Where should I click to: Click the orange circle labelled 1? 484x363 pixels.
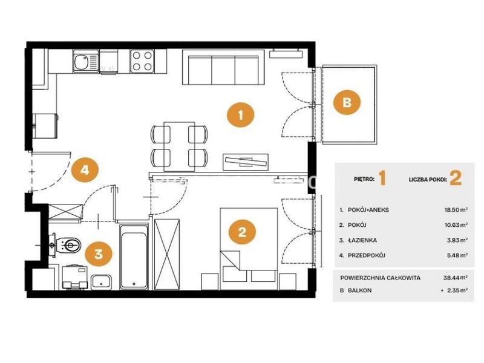pyautogui.click(x=241, y=115)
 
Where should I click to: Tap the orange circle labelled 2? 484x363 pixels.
pyautogui.click(x=242, y=232)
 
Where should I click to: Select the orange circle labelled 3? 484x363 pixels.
pyautogui.click(x=99, y=254)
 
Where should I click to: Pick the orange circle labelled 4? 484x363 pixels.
pyautogui.click(x=85, y=170)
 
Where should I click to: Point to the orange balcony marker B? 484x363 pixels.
pyautogui.click(x=347, y=102)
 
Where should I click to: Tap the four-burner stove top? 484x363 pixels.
pyautogui.click(x=142, y=61)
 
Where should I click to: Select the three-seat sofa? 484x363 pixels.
pyautogui.click(x=223, y=67)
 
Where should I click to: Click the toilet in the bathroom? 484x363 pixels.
pyautogui.click(x=67, y=246)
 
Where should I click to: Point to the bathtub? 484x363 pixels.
pyautogui.click(x=134, y=257)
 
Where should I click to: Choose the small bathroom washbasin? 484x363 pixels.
pyautogui.click(x=102, y=282)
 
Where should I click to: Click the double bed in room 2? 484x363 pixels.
pyautogui.click(x=249, y=245)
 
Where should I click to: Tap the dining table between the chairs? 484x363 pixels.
pyautogui.click(x=179, y=146)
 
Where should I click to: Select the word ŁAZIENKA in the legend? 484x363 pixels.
pyautogui.click(x=362, y=240)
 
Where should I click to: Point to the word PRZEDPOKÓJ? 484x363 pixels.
pyautogui.click(x=367, y=255)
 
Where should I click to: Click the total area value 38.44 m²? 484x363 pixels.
pyautogui.click(x=456, y=278)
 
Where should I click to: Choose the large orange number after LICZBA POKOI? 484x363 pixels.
pyautogui.click(x=456, y=178)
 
